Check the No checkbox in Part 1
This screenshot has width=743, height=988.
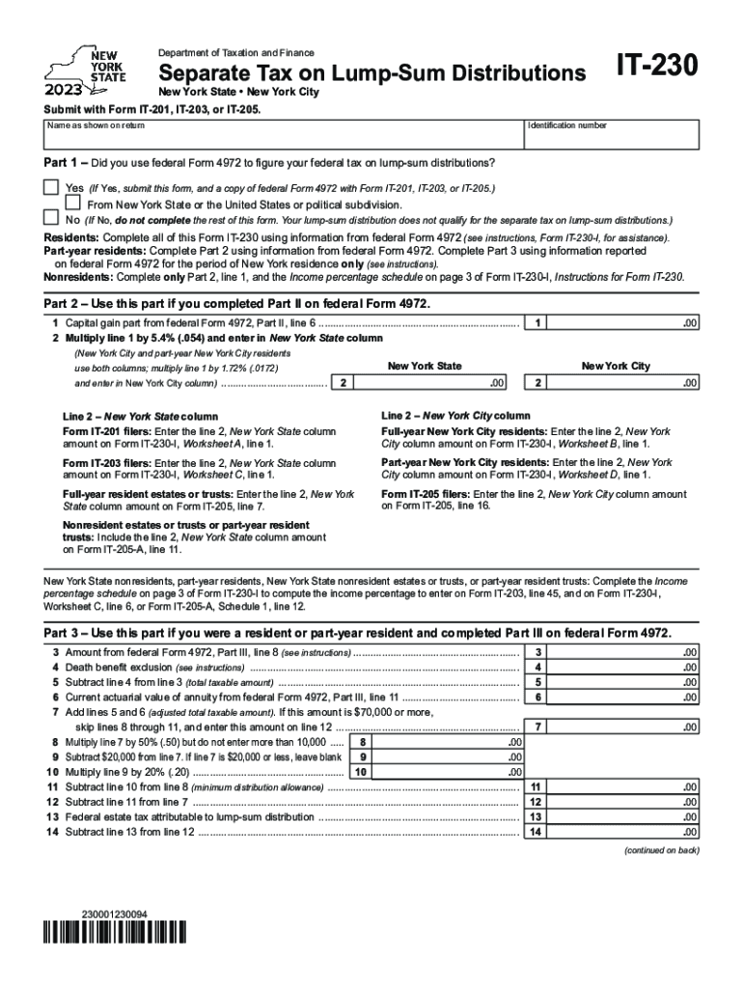point(51,219)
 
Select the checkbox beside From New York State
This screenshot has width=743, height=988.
point(73,204)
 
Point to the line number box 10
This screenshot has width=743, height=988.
point(361,772)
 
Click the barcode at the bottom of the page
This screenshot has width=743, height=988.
point(113,933)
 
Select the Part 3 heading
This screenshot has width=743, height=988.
point(357,632)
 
